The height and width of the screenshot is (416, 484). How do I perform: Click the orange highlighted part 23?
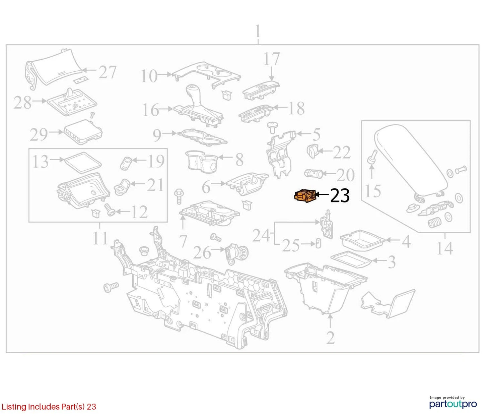pos(305,195)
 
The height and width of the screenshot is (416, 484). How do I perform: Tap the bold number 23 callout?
pos(340,195)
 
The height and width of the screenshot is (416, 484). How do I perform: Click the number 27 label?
pos(108,72)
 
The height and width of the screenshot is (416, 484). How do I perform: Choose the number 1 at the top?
pos(258,32)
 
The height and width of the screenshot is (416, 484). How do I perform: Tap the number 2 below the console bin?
pos(330,338)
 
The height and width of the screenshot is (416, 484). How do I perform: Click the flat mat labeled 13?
pos(83,162)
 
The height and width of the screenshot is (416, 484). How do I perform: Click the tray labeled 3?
pos(351,259)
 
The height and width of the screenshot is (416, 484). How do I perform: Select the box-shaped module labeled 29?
pos(83,132)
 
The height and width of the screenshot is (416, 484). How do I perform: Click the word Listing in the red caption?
pos(14,407)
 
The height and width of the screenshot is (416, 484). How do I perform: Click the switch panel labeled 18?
pos(256,114)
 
